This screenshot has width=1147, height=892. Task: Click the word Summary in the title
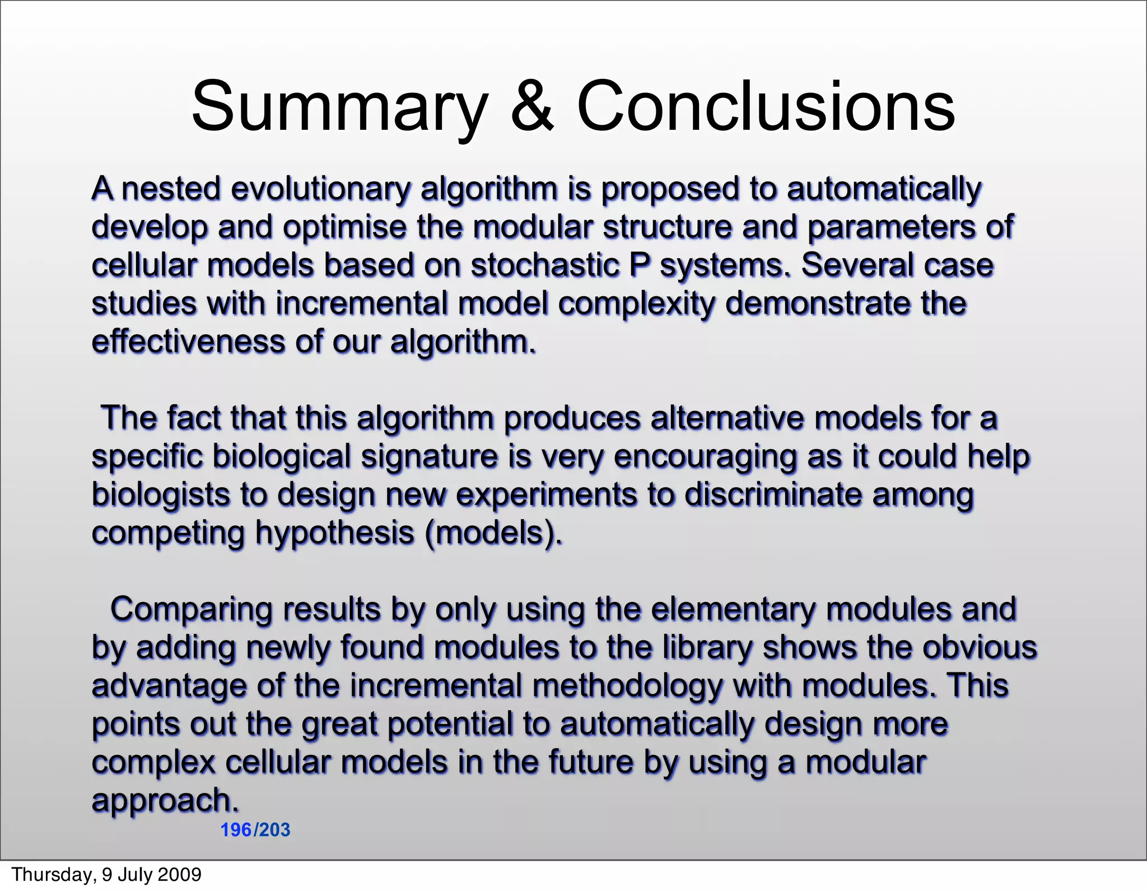point(339,106)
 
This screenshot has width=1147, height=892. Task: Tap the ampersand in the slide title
point(532,106)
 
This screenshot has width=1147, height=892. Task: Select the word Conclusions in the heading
point(766,106)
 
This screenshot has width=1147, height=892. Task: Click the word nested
point(170,189)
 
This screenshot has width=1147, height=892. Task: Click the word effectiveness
point(188,342)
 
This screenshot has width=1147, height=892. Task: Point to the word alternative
point(726,418)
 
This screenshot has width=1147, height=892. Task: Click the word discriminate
point(773,495)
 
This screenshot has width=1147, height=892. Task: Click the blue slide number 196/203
point(255,830)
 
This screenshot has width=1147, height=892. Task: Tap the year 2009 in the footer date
point(180,875)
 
